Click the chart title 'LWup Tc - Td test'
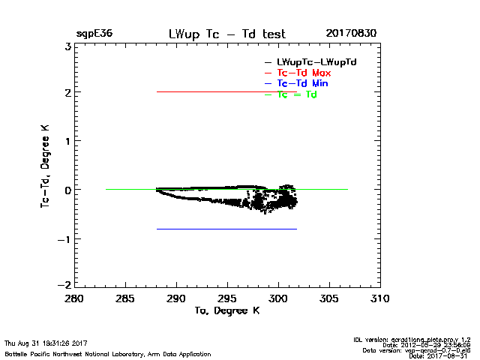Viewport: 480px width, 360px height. coord(226,34)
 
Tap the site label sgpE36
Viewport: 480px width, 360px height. coord(94,34)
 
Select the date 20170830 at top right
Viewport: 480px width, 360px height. coord(351,34)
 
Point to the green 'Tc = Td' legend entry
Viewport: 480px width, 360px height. coord(297,94)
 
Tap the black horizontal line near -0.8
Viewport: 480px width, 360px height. coord(225,229)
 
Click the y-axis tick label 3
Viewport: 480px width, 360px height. coord(67,46)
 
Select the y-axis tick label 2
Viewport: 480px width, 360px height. coord(67,93)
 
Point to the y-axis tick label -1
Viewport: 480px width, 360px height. coord(65,238)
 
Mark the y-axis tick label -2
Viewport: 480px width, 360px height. coord(65,286)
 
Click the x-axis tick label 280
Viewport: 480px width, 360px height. coord(75,298)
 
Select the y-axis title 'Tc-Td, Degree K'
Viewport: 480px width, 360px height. coord(46,165)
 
